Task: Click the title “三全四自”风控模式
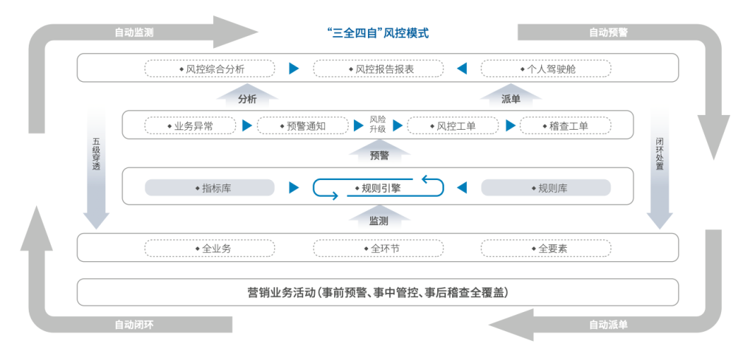tap(377, 32)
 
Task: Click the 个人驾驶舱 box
tap(546, 69)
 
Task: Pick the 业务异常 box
tap(190, 126)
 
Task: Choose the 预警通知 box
tap(302, 126)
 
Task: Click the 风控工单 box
tap(452, 126)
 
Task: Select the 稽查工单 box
tap(565, 126)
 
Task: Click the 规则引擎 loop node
tap(378, 187)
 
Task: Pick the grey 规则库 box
tap(546, 188)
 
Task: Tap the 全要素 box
tap(546, 249)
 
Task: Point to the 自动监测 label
tap(134, 32)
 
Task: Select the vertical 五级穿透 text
tap(96, 153)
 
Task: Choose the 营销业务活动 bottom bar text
tap(378, 292)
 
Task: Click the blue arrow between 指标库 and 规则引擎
tap(294, 187)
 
